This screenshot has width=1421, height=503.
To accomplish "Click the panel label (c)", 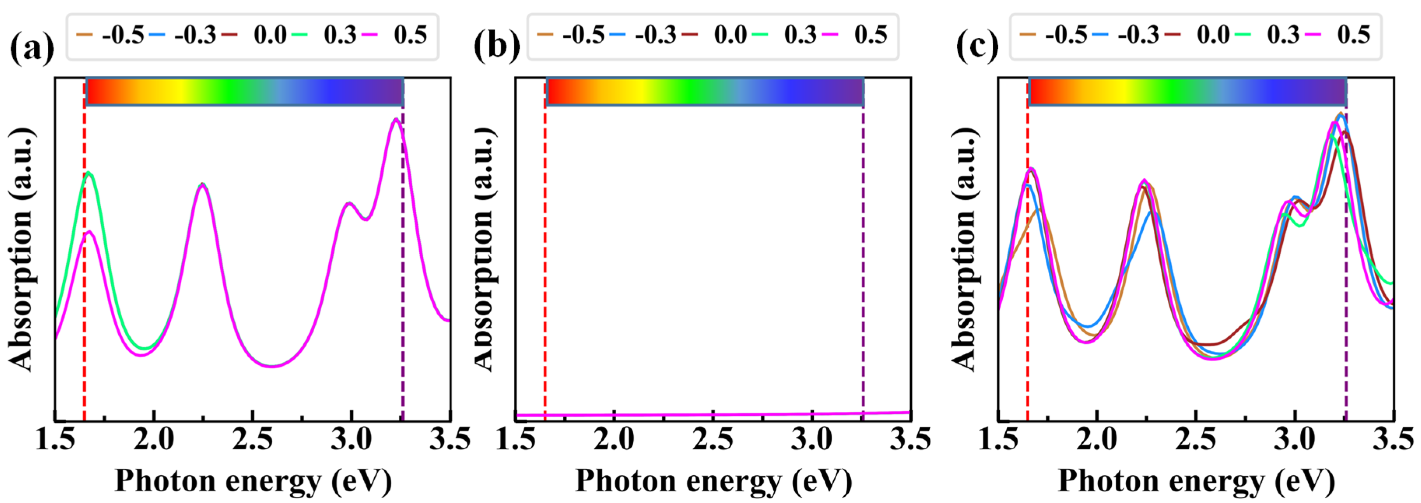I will point(977,45).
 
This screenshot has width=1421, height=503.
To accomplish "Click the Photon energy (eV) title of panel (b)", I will point(714,481).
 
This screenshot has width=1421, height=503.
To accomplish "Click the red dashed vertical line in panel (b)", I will point(545,248).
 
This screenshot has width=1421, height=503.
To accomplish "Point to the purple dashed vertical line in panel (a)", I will point(403,276).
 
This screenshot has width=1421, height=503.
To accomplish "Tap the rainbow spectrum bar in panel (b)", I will point(705,91).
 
